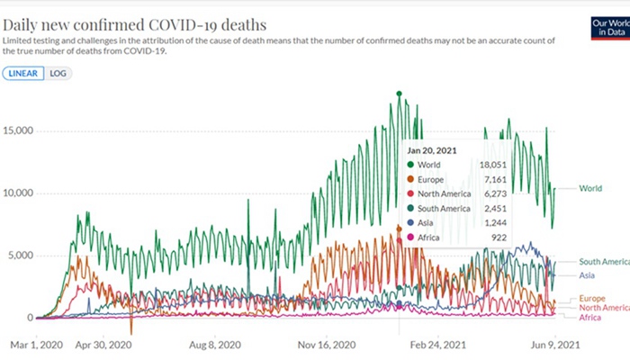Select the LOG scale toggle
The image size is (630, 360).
click(58, 73)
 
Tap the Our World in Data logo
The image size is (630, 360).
click(608, 27)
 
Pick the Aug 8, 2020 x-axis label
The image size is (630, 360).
click(216, 344)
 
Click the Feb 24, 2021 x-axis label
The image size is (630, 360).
click(438, 344)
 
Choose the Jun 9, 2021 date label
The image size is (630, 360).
click(549, 344)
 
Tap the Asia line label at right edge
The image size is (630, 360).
click(587, 275)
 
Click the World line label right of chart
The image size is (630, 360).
click(590, 189)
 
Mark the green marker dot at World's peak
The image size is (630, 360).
click(399, 94)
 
